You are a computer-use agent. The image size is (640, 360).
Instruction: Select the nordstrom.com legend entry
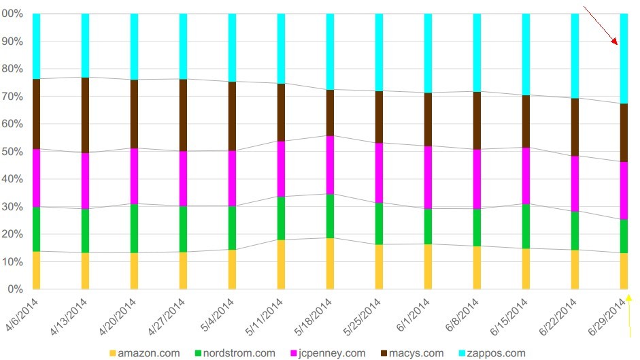click(241, 353)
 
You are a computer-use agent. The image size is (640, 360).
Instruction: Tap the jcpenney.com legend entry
click(332, 353)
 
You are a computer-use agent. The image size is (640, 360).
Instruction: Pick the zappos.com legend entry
click(494, 353)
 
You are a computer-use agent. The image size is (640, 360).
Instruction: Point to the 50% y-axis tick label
click(12, 152)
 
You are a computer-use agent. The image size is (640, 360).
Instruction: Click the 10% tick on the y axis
click(12, 262)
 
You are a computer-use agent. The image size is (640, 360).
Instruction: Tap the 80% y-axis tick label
click(12, 69)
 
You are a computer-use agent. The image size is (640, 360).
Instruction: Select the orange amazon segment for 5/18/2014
click(331, 263)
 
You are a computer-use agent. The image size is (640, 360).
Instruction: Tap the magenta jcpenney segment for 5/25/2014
click(380, 173)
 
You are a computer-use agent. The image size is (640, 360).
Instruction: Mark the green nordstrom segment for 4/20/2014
click(135, 228)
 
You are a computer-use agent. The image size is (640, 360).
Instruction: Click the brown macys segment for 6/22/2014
click(575, 127)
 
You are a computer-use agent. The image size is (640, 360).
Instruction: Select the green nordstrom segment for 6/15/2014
click(526, 226)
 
